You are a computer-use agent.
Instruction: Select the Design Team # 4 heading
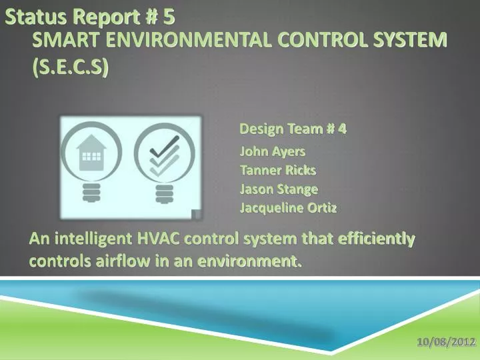point(293,129)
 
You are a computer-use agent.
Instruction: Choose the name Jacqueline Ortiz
point(288,207)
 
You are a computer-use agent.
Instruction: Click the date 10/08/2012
point(446,342)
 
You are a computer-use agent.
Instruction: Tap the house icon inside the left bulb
point(90,151)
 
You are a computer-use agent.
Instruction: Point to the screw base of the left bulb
point(90,193)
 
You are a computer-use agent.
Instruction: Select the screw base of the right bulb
point(163,193)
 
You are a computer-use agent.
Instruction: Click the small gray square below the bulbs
point(196,215)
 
